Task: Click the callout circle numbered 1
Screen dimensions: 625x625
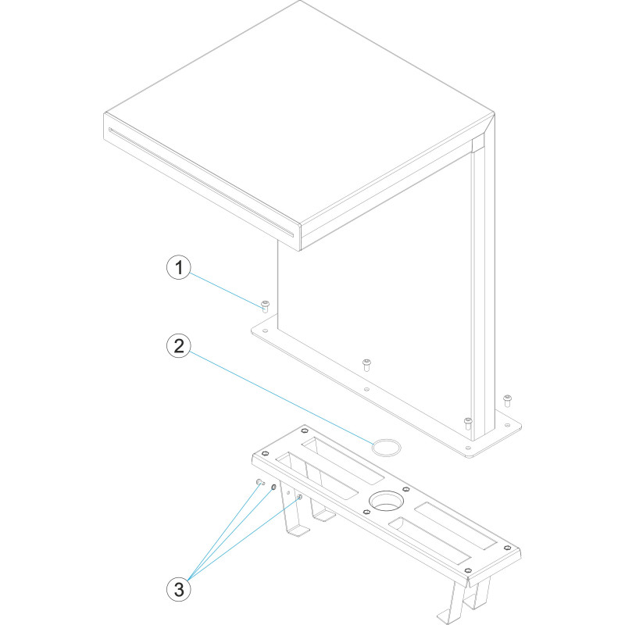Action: point(179,267)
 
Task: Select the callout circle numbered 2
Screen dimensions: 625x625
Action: point(179,345)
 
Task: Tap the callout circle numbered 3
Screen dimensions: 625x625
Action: point(179,589)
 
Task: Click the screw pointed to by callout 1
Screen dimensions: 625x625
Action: point(265,306)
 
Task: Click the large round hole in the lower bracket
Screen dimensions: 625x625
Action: point(386,501)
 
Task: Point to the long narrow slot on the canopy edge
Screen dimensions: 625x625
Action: point(201,181)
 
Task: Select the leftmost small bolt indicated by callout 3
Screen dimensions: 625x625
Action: point(260,482)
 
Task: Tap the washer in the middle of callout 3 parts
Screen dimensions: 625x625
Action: point(273,487)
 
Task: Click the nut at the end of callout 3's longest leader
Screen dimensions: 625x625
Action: point(300,497)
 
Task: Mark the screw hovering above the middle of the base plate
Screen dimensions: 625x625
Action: point(366,364)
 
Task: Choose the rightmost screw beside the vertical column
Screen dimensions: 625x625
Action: point(507,400)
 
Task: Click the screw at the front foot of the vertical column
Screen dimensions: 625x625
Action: point(468,423)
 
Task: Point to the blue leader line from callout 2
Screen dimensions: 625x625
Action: point(282,398)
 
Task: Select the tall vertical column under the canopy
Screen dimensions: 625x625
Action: point(483,287)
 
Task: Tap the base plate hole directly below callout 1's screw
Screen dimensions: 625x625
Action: point(265,330)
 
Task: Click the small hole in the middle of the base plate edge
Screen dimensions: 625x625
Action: point(366,389)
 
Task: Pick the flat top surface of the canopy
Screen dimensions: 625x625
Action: point(299,112)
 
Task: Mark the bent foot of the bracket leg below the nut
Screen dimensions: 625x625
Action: point(298,531)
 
